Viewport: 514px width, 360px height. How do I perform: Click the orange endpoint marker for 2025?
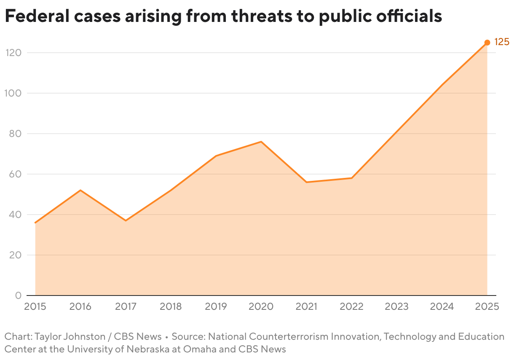point(487,43)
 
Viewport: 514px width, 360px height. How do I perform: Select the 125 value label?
point(501,42)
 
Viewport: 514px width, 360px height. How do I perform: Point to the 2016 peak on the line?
point(80,190)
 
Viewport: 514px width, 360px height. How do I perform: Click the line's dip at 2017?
point(126,220)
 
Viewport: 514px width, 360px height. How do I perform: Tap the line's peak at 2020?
point(261,142)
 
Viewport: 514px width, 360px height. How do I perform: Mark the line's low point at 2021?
point(306,182)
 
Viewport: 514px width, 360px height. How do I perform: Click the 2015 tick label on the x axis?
point(35,306)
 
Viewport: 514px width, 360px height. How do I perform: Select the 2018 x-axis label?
point(171,306)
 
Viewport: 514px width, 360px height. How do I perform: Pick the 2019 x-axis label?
point(216,306)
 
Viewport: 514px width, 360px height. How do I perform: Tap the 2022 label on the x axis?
point(351,306)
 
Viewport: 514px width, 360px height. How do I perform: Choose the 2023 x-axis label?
point(396,306)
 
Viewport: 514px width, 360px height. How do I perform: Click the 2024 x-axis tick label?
point(442,306)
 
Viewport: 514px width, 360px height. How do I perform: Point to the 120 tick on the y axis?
point(13,53)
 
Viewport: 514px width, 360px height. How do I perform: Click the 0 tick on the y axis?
point(18,296)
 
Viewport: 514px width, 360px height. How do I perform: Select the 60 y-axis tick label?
point(15,174)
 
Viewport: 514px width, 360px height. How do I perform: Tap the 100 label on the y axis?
point(13,93)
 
